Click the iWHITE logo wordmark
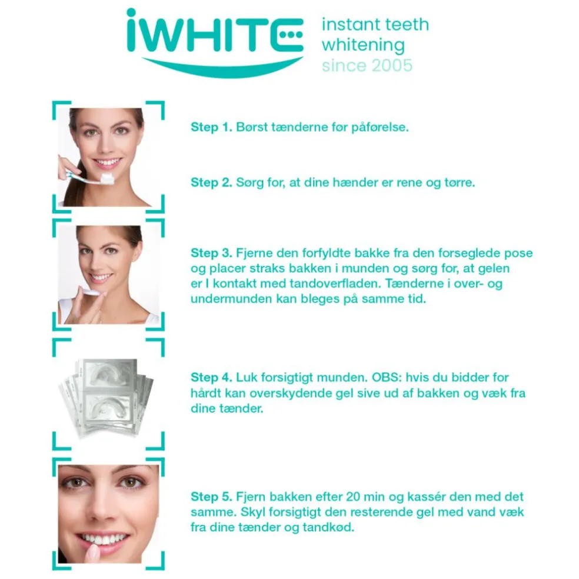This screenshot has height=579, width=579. click(x=215, y=36)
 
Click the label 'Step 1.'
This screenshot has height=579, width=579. click(x=212, y=127)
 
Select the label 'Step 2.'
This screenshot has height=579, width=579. click(x=212, y=182)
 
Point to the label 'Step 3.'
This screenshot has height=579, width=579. click(x=212, y=253)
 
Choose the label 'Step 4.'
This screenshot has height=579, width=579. click(x=212, y=377)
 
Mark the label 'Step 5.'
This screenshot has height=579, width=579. click(x=212, y=497)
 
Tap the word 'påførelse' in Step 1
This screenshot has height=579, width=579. click(x=380, y=128)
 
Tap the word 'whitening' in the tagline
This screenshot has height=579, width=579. click(x=363, y=45)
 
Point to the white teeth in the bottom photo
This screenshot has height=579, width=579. click(x=104, y=538)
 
